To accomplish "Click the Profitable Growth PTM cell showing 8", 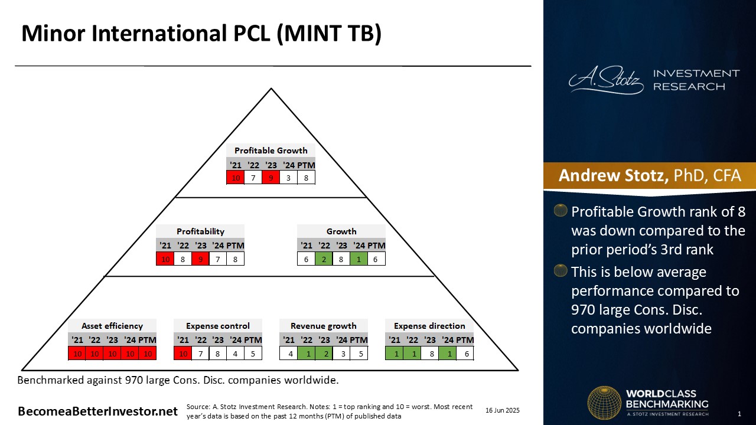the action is pyautogui.click(x=306, y=178).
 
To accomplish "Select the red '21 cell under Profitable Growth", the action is pyautogui.click(x=236, y=178).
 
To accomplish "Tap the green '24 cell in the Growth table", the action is pyautogui.click(x=359, y=259).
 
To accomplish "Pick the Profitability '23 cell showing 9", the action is pyautogui.click(x=200, y=259).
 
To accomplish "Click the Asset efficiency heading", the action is pyautogui.click(x=112, y=326).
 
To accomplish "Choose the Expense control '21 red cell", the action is pyautogui.click(x=183, y=354).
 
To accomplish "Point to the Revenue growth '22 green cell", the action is pyautogui.click(x=307, y=354).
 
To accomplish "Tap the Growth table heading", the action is pyautogui.click(x=341, y=231).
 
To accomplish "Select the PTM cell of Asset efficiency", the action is pyautogui.click(x=148, y=354).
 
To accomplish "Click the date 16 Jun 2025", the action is pyautogui.click(x=503, y=410).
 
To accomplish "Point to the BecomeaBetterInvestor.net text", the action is pyautogui.click(x=97, y=411).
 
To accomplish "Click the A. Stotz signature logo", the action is pyautogui.click(x=606, y=80).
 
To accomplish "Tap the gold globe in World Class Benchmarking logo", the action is pyautogui.click(x=604, y=403).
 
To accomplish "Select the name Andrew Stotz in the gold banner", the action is pyautogui.click(x=613, y=175).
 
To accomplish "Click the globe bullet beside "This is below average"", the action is pyautogui.click(x=561, y=270).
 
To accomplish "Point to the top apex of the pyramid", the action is pyautogui.click(x=271, y=89).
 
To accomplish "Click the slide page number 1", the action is pyautogui.click(x=739, y=414).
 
